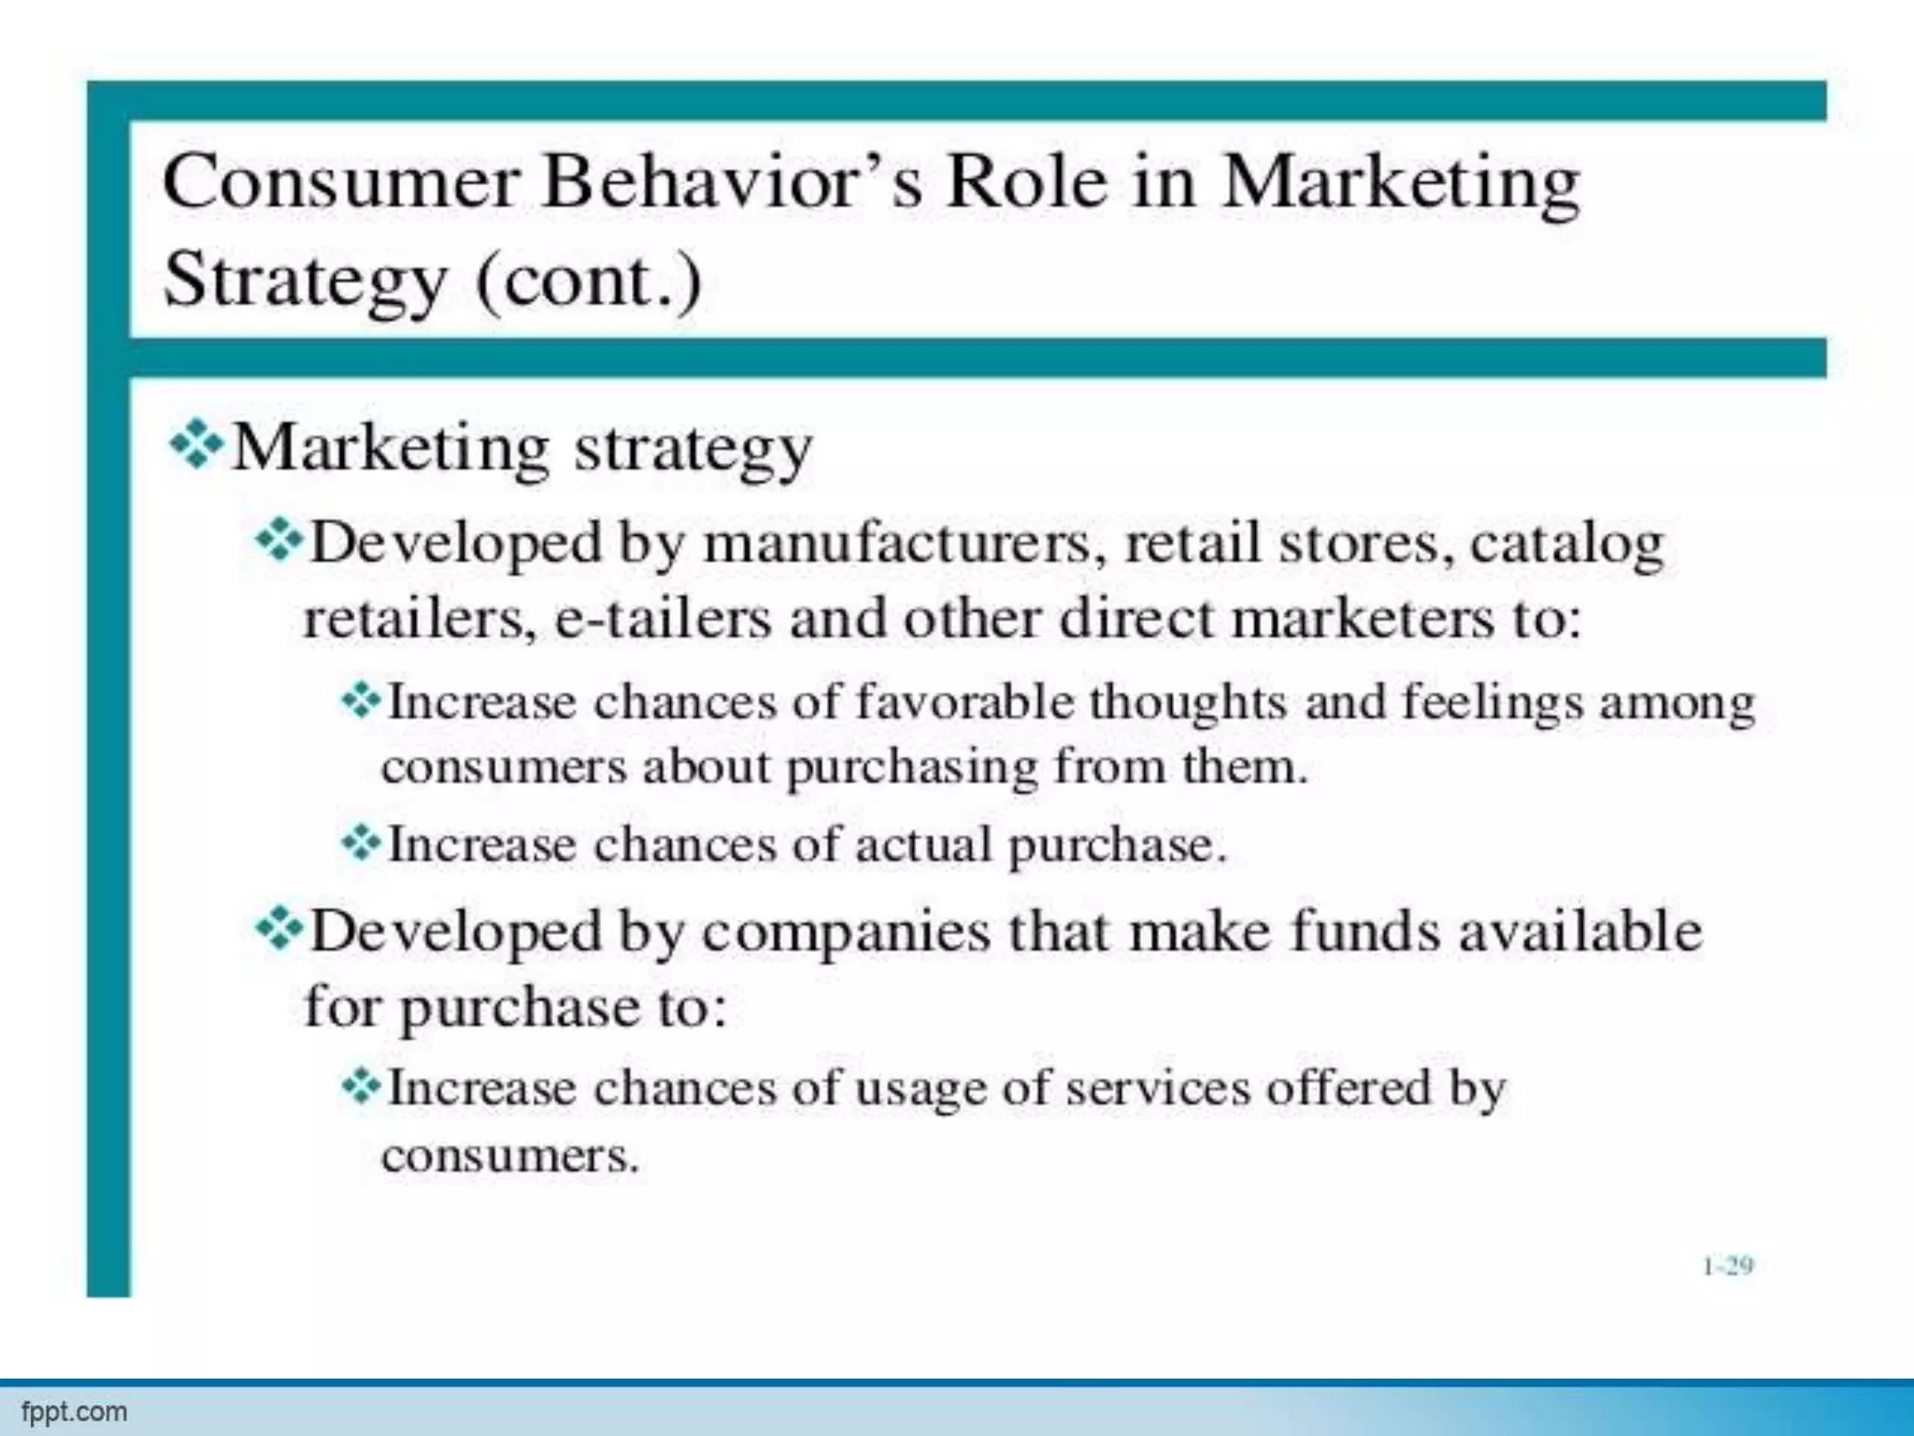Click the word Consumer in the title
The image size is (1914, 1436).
340,182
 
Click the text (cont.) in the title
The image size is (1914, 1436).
589,280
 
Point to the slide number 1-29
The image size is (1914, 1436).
1727,1266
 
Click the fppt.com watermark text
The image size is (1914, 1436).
74,1411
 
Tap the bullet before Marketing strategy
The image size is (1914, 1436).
195,445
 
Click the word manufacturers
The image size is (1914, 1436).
896,543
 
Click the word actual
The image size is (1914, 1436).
922,844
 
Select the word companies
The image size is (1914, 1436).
846,933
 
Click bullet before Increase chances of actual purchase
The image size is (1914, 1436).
360,843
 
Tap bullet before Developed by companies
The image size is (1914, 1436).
279,929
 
